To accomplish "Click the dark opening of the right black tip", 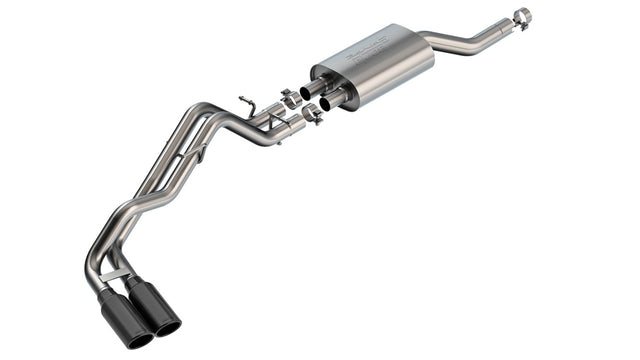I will click(167, 326).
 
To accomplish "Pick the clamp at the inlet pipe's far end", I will click(521, 16).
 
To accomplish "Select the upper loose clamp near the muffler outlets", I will click(290, 98).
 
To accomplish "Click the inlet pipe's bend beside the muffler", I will click(440, 43).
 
